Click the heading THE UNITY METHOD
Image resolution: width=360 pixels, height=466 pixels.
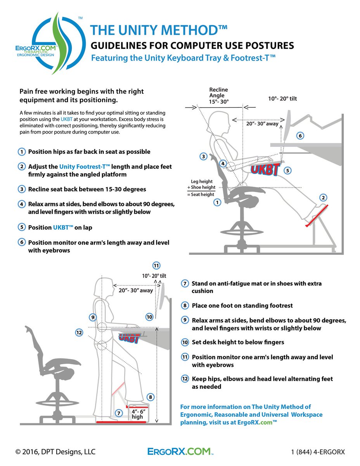(x=159, y=31)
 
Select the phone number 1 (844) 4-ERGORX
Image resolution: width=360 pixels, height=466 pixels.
(x=318, y=452)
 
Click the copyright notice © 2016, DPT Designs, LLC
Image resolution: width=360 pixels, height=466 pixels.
(x=55, y=452)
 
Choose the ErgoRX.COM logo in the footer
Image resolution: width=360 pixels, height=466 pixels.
(x=180, y=452)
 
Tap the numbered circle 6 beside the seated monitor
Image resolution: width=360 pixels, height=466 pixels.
(x=300, y=136)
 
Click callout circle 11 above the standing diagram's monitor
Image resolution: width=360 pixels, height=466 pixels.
(x=156, y=266)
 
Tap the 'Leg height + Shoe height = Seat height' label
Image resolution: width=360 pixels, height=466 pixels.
(x=202, y=188)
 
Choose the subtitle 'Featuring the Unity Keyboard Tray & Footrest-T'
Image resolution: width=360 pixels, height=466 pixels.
(x=183, y=58)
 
